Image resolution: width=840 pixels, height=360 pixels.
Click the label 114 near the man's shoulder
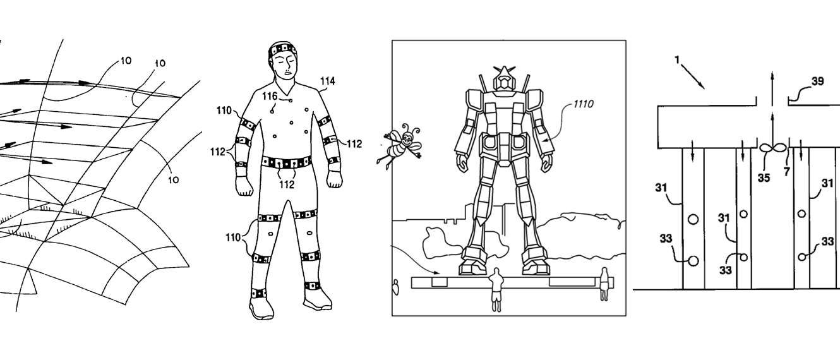point(327,81)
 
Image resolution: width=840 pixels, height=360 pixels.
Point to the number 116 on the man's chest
point(270,97)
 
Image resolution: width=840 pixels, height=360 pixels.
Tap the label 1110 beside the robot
point(584,104)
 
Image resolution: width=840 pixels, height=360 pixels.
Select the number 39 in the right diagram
point(817,81)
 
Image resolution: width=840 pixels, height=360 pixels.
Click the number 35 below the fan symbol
point(764,177)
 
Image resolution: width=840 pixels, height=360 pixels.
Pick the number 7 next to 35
point(787,172)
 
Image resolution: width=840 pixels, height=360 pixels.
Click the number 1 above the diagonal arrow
point(677,59)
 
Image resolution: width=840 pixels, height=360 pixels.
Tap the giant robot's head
point(504,79)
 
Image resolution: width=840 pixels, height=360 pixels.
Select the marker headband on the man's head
point(285,49)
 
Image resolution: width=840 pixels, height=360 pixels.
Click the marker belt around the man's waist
point(286,162)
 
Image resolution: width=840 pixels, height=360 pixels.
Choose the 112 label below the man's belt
point(287,184)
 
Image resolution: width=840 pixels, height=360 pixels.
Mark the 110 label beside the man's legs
point(232,237)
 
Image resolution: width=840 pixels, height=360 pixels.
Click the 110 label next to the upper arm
point(224,111)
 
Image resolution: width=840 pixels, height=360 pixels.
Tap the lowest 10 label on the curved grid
point(173,179)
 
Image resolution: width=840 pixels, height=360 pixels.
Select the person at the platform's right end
point(604,284)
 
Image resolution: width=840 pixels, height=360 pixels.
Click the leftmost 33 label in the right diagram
point(666,238)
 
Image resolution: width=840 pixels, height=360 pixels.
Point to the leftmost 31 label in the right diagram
point(661,187)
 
